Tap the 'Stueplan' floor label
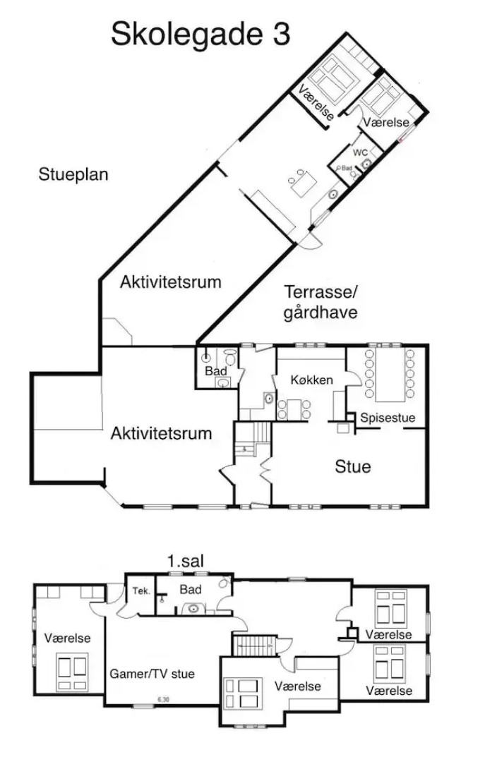pos(73,174)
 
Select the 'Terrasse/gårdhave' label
pos(322,302)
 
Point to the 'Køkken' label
pos(311,380)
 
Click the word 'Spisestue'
pos(388,418)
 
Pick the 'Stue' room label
pos(352,466)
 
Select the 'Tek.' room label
pos(140,591)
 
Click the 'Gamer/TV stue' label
pos(152,674)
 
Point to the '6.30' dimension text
pos(163,700)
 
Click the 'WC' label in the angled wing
pos(360,152)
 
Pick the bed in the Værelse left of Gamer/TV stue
pos(71,670)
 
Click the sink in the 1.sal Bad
pos(192,607)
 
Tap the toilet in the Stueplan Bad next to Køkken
pos(230,356)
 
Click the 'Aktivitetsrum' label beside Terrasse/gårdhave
pos(170,282)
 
